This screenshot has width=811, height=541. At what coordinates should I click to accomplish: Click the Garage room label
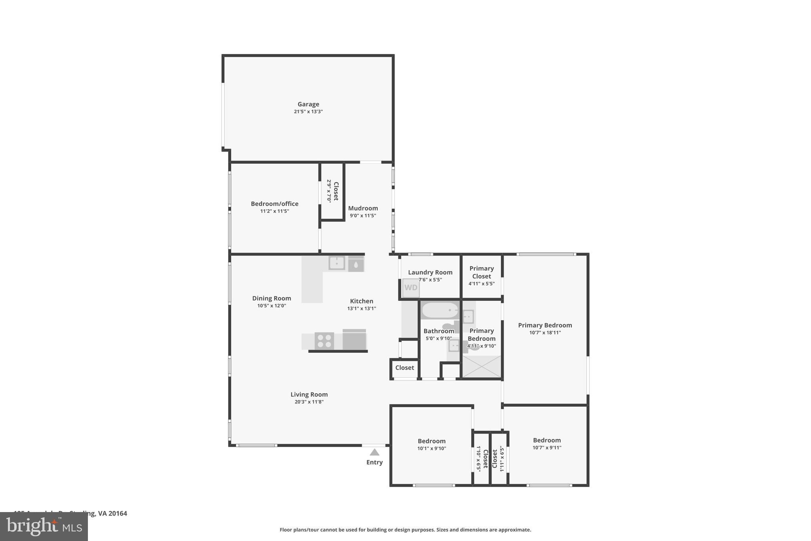click(308, 104)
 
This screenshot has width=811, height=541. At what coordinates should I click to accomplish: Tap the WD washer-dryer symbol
click(411, 288)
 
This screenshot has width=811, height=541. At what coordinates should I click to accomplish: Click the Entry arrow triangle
click(374, 452)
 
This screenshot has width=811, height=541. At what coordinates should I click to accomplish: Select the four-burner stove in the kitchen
click(324, 341)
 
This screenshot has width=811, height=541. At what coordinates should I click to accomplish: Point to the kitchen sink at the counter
click(337, 263)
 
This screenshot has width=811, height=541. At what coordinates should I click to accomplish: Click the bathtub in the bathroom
click(440, 310)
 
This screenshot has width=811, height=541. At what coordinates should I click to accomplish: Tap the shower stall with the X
click(482, 367)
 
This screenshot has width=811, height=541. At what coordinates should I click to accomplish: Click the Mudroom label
click(363, 208)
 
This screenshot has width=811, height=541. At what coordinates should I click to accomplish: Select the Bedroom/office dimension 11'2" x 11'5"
click(274, 211)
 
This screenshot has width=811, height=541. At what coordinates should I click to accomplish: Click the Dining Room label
click(271, 298)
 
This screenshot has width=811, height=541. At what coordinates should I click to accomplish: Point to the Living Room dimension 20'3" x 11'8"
click(309, 402)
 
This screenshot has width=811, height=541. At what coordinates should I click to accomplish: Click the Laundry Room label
click(430, 272)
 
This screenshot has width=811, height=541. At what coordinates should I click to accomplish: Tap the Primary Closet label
click(482, 272)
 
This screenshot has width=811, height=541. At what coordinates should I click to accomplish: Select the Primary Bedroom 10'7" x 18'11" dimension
click(545, 333)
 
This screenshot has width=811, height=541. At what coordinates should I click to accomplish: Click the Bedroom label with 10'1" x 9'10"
click(431, 441)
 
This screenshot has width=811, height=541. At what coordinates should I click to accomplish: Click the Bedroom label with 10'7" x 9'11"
click(546, 440)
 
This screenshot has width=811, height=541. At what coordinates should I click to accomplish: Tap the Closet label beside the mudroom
click(336, 191)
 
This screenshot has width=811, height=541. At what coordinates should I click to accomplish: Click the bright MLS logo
click(44, 526)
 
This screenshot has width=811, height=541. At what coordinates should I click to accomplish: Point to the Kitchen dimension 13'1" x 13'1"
click(362, 308)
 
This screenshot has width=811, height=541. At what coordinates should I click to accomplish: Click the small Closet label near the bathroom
click(404, 367)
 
